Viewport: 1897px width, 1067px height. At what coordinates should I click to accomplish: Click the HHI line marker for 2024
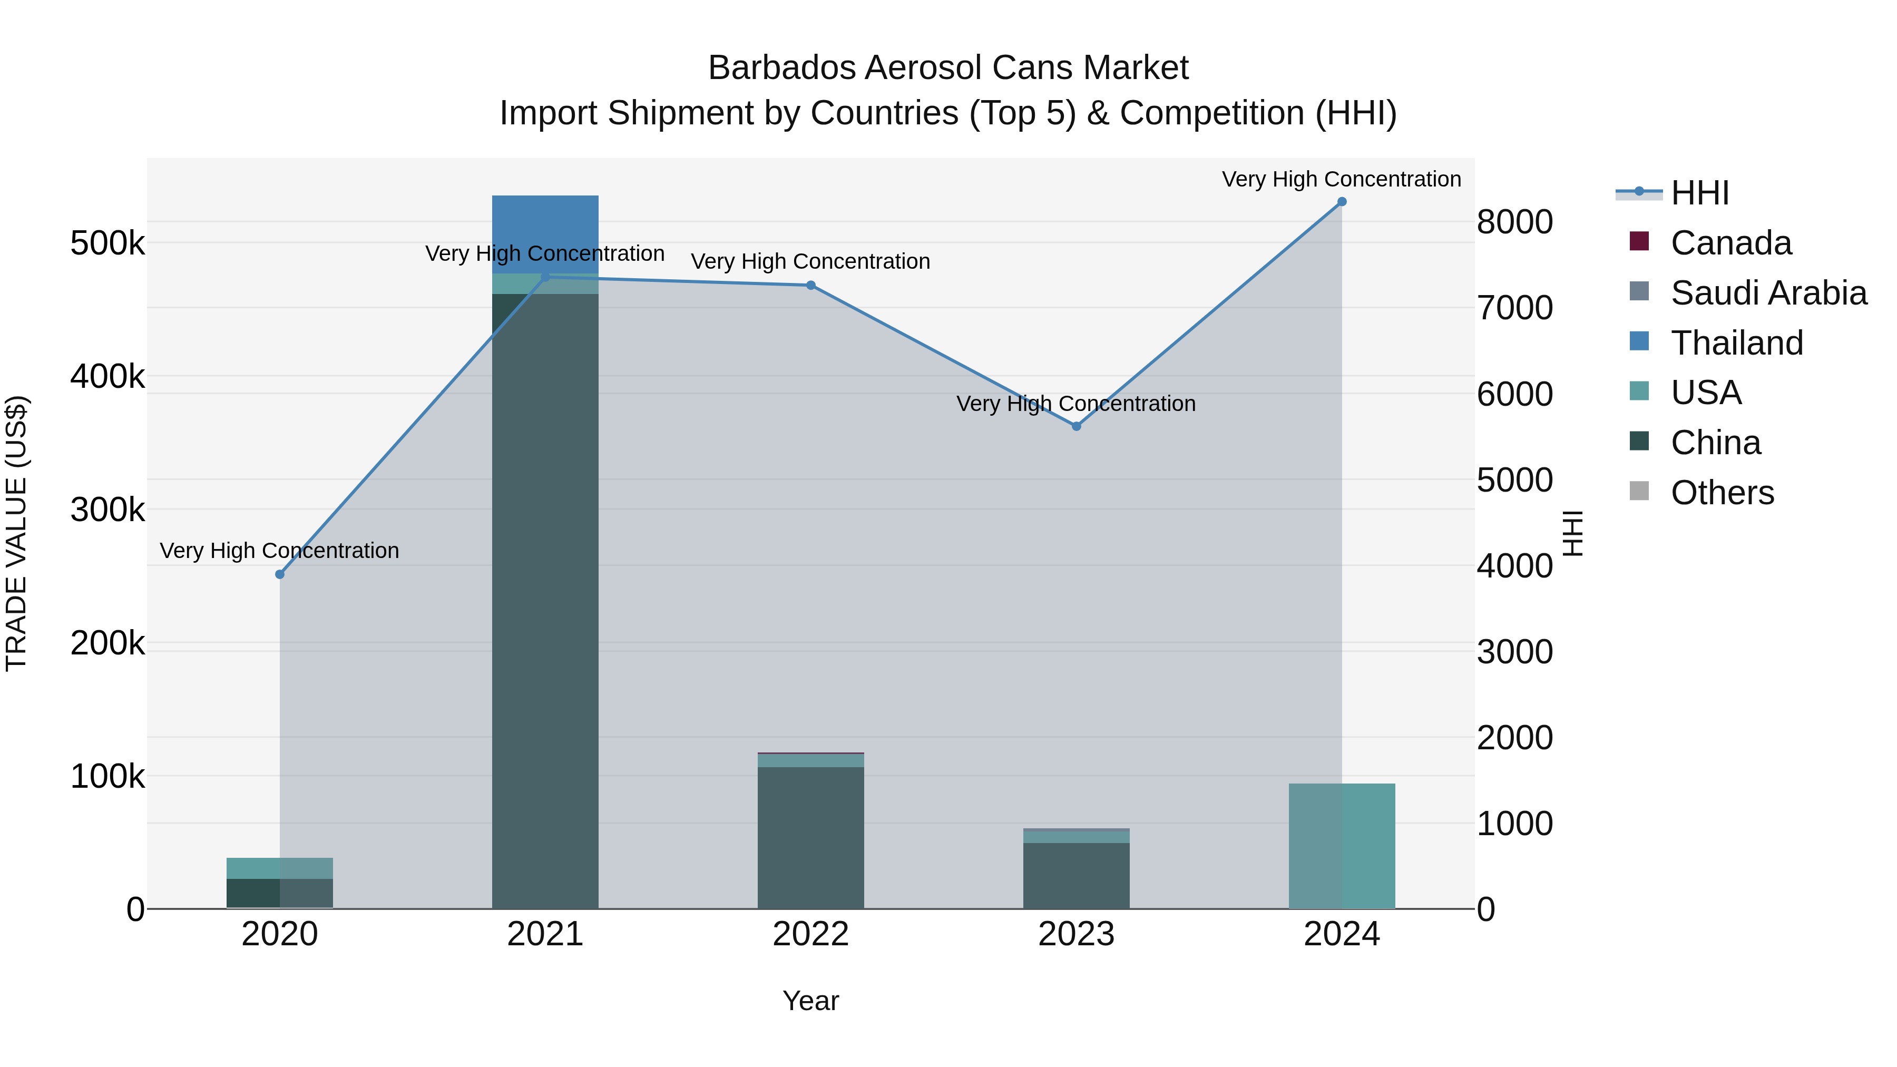click(1342, 202)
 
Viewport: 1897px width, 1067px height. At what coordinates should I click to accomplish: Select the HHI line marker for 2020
click(280, 574)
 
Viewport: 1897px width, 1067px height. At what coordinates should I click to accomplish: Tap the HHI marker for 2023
click(1076, 426)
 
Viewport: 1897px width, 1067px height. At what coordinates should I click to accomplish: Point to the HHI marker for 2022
click(811, 286)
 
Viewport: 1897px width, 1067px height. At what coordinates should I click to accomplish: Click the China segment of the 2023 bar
click(1076, 876)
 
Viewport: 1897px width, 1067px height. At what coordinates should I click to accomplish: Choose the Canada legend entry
click(1730, 243)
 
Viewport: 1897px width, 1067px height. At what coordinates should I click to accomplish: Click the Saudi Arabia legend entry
click(1767, 293)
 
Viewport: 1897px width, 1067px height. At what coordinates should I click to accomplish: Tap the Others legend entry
click(1722, 493)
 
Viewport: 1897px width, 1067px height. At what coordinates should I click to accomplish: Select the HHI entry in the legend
click(1699, 193)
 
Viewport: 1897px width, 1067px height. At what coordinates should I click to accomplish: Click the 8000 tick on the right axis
click(1515, 222)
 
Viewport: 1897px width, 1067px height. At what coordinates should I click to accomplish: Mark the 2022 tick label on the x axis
click(811, 934)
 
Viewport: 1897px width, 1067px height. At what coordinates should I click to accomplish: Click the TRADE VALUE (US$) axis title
click(16, 533)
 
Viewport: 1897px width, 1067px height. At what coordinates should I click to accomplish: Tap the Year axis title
click(811, 1001)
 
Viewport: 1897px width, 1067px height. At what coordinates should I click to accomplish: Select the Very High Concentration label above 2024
click(1341, 179)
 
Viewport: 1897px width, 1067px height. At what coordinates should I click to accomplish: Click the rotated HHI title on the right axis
click(1572, 533)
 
